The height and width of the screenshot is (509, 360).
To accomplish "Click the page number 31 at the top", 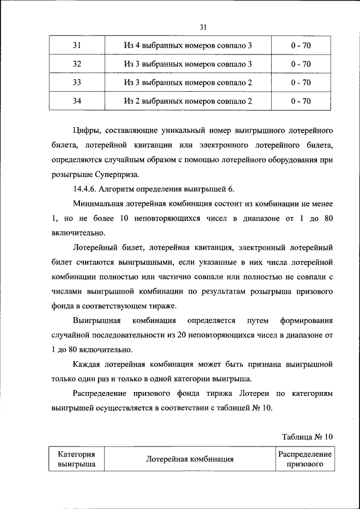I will (204, 26).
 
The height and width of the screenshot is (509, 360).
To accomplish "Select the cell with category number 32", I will (77, 64).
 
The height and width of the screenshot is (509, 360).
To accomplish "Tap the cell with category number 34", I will (77, 101).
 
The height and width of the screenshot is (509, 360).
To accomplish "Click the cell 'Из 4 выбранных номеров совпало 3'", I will (188, 45).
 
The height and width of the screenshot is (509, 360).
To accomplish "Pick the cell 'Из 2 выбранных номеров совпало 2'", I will (188, 101).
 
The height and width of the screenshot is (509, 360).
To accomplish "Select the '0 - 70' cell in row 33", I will (301, 83).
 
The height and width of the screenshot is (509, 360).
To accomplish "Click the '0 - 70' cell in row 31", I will (301, 45).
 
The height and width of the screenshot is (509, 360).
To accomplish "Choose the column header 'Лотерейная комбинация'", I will (190, 459).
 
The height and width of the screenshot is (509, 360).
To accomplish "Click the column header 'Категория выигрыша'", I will (76, 459).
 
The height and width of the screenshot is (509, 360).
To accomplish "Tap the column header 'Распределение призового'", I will (304, 459).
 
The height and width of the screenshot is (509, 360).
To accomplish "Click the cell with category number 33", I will (77, 83).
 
